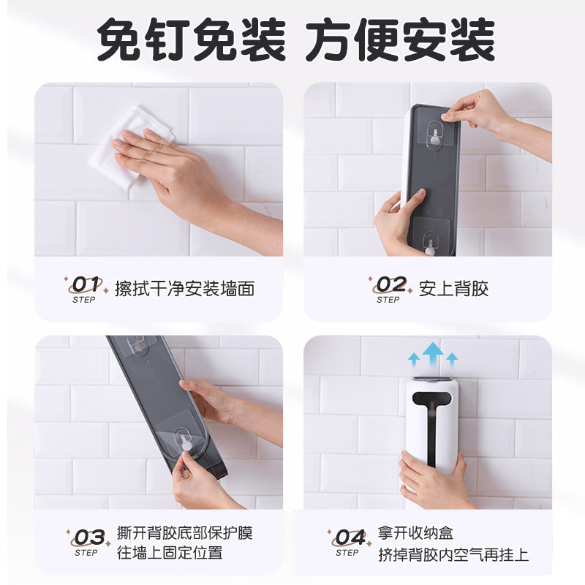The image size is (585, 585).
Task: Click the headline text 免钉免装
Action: [x=192, y=40]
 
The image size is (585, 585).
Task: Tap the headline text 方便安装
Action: [x=401, y=40]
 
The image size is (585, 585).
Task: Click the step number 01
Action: [x=86, y=284]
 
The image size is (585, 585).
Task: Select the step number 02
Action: [x=390, y=284]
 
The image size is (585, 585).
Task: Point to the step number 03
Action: [x=89, y=537]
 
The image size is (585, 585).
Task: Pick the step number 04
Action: [x=350, y=537]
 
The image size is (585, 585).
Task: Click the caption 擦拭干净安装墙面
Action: [x=185, y=289]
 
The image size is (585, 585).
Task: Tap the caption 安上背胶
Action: [x=453, y=289]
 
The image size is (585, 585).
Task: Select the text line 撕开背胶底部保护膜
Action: [x=185, y=533]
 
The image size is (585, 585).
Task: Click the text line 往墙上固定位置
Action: [x=170, y=553]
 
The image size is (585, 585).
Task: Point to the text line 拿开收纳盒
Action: [x=415, y=533]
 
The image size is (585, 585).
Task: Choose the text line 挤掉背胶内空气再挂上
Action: [x=453, y=555]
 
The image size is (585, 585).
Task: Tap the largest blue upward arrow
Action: [x=433, y=355]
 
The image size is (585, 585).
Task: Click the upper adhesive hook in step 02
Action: [x=437, y=133]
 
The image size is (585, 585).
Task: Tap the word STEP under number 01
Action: [x=84, y=300]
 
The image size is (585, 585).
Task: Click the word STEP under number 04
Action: [x=347, y=553]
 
